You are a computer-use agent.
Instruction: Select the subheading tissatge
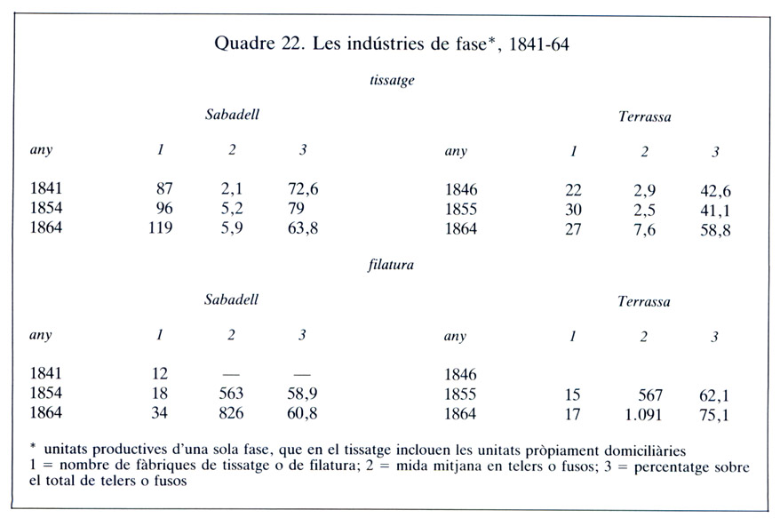(392, 80)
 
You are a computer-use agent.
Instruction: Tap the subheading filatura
(391, 264)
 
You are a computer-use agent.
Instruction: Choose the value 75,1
(719, 414)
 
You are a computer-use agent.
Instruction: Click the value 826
(231, 413)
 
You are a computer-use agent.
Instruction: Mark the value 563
(231, 394)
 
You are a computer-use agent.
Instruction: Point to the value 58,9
(304, 394)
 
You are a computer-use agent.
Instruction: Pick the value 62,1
(719, 394)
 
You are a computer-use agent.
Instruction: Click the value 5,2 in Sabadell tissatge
(231, 209)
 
